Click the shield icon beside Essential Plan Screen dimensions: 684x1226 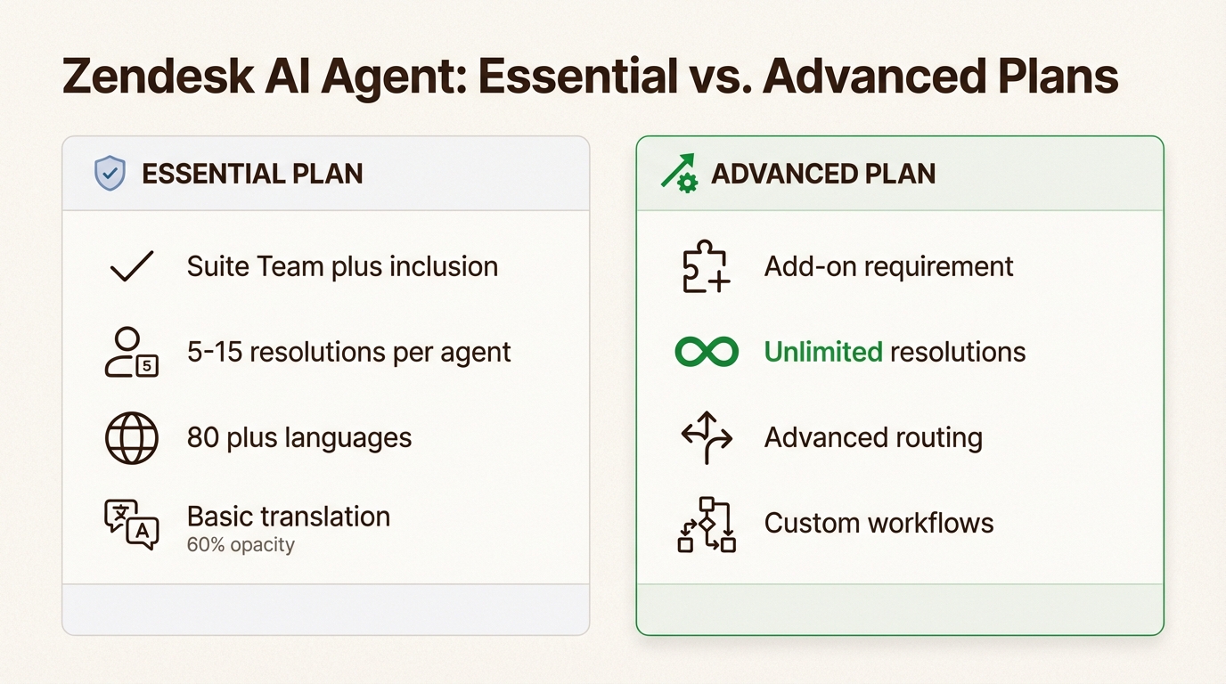point(110,173)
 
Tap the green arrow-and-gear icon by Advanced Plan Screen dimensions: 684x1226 point(679,173)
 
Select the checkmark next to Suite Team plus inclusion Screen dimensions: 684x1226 point(131,266)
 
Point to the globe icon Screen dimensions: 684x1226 point(131,437)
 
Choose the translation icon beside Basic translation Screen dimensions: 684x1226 point(131,523)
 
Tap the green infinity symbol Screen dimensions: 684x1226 point(707,352)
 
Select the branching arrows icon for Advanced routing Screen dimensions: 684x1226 point(707,437)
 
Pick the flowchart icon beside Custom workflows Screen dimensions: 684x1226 point(707,524)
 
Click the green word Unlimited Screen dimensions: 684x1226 point(823,352)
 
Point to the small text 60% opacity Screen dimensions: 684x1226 point(241,545)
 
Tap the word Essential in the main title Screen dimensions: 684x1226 point(577,77)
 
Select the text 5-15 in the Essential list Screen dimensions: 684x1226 point(214,352)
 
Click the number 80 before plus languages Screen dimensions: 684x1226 point(203,437)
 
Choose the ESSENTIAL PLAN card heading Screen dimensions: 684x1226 point(252,173)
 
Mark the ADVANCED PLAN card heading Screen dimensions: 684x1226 point(823,173)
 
